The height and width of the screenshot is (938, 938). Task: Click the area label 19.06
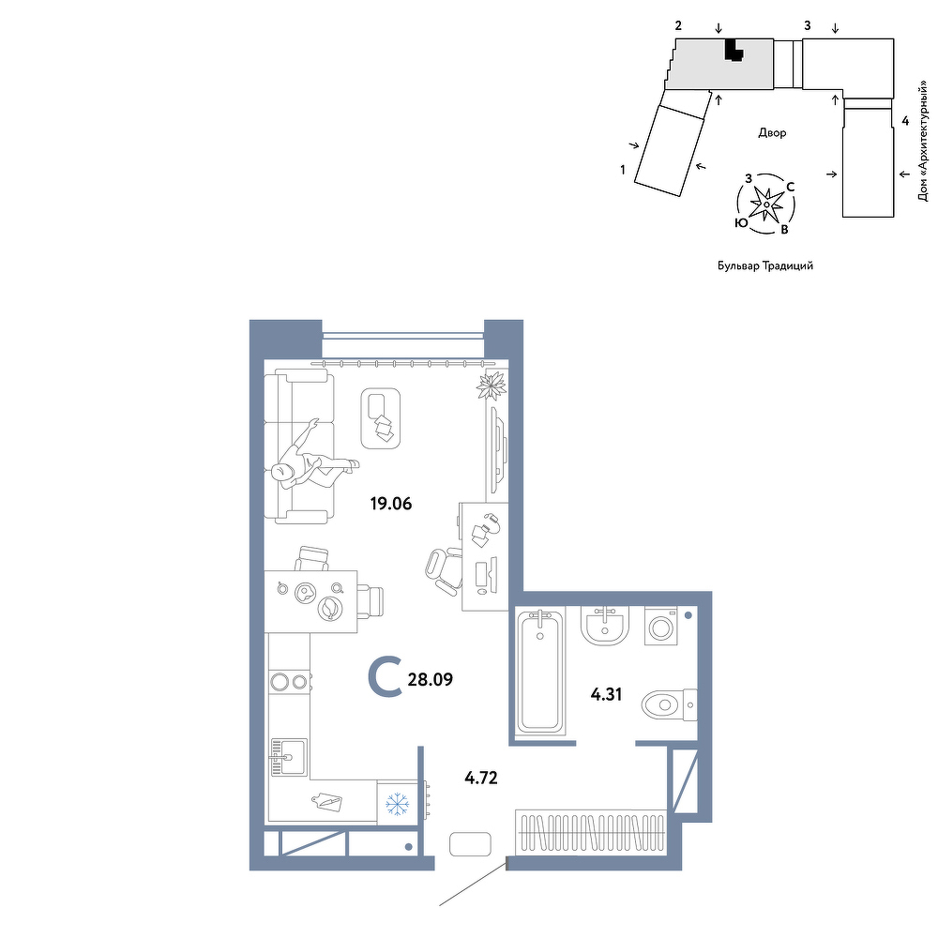(x=391, y=504)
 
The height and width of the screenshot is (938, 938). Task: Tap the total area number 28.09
(x=431, y=679)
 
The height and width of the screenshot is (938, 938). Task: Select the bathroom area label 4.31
(x=607, y=694)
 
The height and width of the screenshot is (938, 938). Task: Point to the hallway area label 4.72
(x=481, y=778)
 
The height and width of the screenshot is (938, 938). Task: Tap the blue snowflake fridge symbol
(x=397, y=804)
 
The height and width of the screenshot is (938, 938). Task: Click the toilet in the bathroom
(x=669, y=705)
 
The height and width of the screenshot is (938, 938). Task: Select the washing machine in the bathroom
(x=661, y=627)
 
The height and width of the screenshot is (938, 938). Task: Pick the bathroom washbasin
(x=605, y=626)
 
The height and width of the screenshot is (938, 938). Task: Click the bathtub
(x=541, y=673)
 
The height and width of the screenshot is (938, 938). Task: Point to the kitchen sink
(x=289, y=757)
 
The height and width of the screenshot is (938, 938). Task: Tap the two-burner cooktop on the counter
(x=290, y=681)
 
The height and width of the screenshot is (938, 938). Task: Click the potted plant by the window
(x=492, y=385)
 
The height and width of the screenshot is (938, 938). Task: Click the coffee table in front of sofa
(x=381, y=417)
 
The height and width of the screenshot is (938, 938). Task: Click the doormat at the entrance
(x=470, y=844)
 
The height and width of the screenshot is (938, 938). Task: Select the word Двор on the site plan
(x=772, y=133)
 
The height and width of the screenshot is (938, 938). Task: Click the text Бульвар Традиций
(x=765, y=265)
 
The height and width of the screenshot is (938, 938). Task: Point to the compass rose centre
(x=766, y=204)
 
